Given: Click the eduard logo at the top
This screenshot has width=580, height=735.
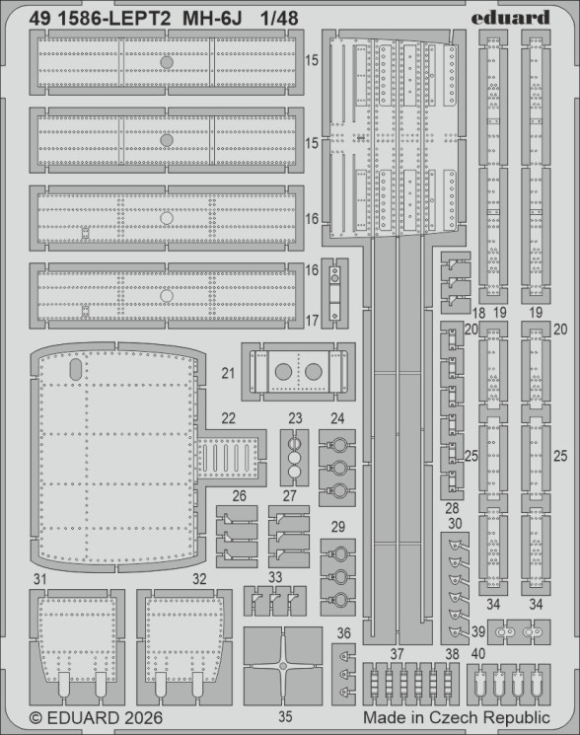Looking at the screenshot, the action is pos(510,18).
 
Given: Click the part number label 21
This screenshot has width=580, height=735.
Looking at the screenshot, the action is pos(228,373).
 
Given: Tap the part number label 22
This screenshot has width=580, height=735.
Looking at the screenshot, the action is pos(228,418).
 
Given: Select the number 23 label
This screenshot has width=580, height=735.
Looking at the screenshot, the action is pos(295,418).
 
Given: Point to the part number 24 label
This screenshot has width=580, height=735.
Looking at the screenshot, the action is pos(337,418).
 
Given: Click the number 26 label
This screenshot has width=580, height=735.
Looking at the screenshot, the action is pos(239,495).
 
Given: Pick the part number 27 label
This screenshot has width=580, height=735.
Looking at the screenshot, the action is pos(290,495).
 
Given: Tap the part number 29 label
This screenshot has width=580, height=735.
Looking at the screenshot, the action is pos(338,527).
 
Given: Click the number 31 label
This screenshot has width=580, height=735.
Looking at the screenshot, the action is pos(39,579).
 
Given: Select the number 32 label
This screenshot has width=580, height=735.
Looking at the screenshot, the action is pos(199,579).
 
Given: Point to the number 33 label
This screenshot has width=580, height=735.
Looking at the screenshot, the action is pos(275,577).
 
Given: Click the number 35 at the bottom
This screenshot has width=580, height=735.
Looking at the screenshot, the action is pos(285,716).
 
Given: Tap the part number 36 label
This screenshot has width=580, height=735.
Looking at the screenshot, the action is pos(343,633).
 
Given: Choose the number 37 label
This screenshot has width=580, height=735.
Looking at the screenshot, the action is pos(397,654).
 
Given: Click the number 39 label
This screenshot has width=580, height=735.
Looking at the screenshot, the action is pos(477,631).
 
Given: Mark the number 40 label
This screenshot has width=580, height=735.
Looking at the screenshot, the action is pos(477,654).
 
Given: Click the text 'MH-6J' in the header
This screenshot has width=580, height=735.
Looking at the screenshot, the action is pos(212,19).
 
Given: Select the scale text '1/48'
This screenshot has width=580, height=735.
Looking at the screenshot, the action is pos(279,19).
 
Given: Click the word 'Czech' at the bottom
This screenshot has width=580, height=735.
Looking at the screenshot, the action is pos(453,717).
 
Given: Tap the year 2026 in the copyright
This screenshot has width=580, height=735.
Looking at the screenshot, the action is pos(144,718).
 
